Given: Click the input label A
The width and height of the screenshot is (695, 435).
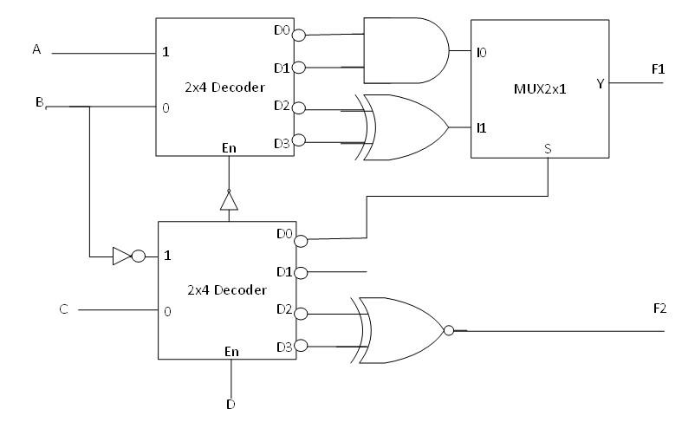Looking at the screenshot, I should point(36,49).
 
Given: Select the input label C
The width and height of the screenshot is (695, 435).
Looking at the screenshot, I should point(63,308).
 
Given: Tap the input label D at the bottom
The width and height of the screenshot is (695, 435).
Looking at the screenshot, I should point(231,403).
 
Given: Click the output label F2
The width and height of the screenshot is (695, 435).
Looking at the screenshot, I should point(659,308).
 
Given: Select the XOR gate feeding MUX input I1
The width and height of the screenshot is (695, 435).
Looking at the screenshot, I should point(404,127).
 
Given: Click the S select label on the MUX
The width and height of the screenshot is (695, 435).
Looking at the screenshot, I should point(548,148).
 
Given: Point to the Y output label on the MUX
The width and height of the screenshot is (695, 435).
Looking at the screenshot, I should point(600,83).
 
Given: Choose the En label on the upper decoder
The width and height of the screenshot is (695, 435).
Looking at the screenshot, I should point(228,148).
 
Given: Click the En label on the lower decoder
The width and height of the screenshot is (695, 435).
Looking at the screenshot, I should point(231,351).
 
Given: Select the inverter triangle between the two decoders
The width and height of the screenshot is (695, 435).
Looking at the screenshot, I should point(229,201).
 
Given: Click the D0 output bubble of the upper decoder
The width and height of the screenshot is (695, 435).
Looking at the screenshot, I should point(300,36).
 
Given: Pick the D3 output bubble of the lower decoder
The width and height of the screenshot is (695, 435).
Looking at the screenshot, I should point(301,347).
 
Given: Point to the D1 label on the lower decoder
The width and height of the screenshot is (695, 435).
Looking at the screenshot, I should point(283,272).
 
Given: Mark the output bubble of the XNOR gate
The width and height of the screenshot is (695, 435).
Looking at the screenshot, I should point(448,330).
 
